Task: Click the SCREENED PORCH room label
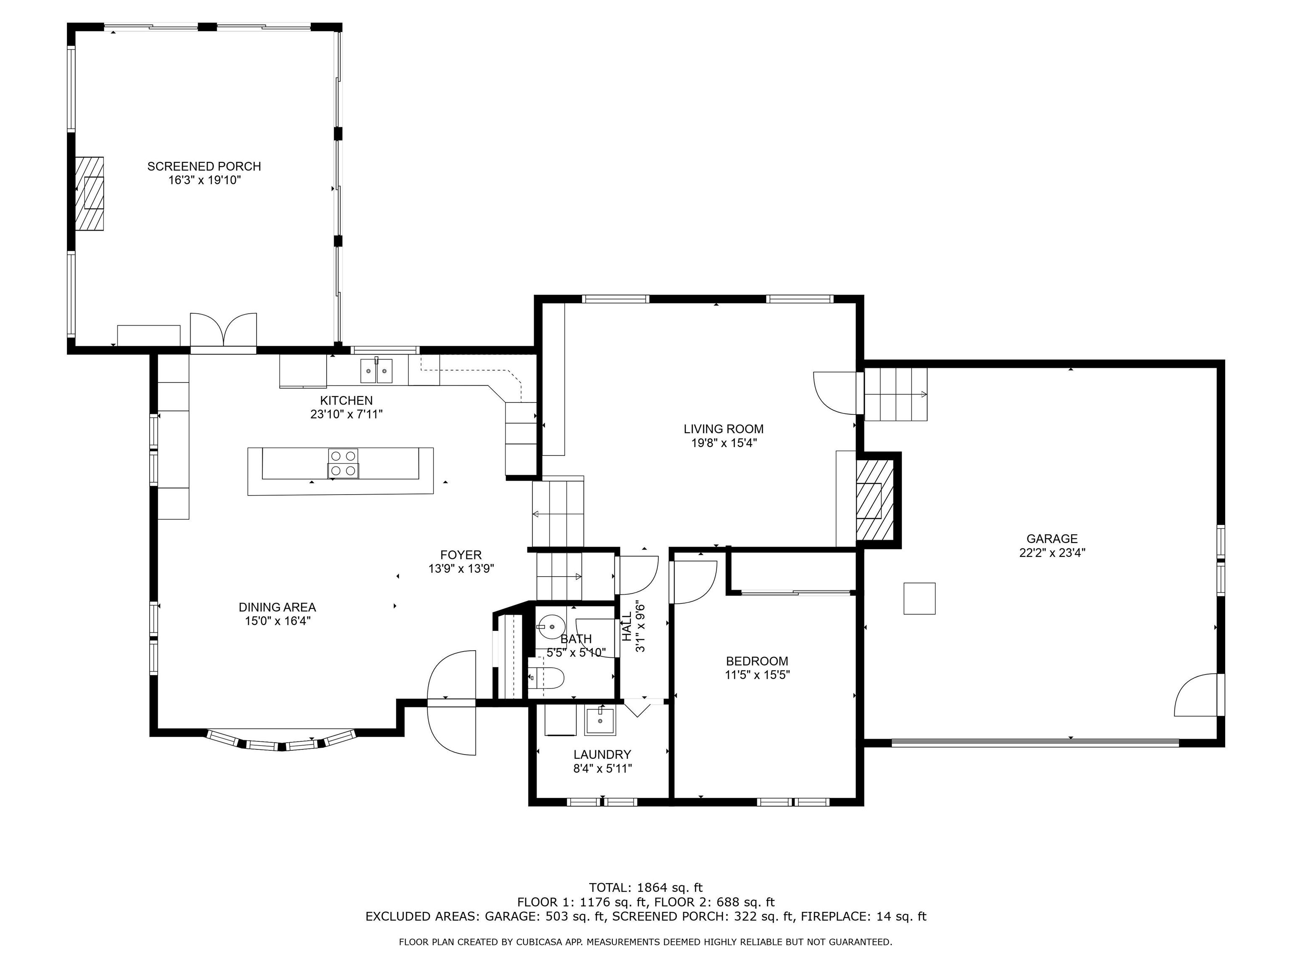(x=204, y=167)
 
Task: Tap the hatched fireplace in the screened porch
(x=89, y=193)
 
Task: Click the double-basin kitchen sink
(x=376, y=371)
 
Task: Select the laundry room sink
(x=600, y=720)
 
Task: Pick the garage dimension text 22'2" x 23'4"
(x=1052, y=553)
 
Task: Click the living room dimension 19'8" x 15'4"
(x=724, y=443)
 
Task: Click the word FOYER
(x=461, y=555)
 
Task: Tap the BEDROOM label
(x=757, y=661)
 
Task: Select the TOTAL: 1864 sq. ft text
(x=646, y=888)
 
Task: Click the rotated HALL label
(x=627, y=627)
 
